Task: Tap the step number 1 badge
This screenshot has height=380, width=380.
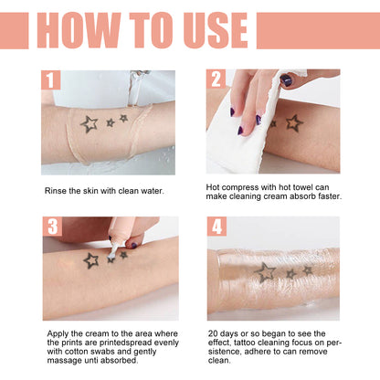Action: tap(50, 80)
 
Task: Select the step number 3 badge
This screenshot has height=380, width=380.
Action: tap(51, 227)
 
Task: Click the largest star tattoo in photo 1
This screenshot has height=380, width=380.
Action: tap(89, 123)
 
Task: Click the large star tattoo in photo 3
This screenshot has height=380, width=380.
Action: tap(90, 260)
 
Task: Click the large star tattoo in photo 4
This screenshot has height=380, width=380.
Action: tap(265, 271)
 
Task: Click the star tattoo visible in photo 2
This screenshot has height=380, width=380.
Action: tap(294, 122)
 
